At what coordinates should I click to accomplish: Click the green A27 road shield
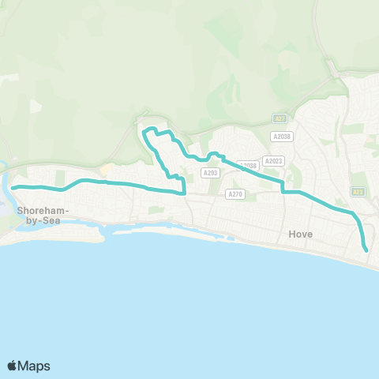[x=280, y=118]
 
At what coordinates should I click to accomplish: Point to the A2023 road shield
[x=273, y=161]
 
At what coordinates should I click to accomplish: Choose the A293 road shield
[x=209, y=172]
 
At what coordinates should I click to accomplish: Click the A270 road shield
[x=235, y=194]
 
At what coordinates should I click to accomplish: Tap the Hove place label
[x=301, y=235]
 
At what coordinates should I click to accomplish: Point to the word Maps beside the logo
[x=35, y=366]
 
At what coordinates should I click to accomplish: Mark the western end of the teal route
[x=12, y=187]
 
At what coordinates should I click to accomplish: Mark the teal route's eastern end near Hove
[x=367, y=251]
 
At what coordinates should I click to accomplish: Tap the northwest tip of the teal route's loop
[x=144, y=131]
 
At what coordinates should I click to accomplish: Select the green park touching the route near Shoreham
[x=60, y=178]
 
